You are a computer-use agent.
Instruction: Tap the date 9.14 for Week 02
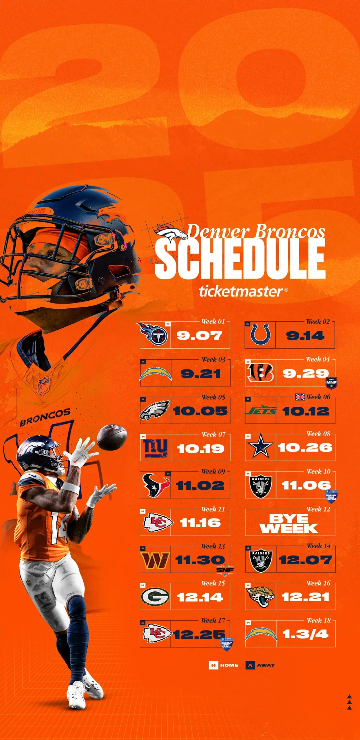[x=305, y=336]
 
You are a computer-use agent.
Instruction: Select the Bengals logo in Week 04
[x=261, y=373]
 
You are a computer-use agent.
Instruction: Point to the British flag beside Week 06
[x=300, y=397]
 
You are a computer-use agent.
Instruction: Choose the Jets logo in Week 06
[x=261, y=410]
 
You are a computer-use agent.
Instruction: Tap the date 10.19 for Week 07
[x=201, y=449]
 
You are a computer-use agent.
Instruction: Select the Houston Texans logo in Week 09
[x=156, y=485]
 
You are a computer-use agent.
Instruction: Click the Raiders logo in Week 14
[x=261, y=560]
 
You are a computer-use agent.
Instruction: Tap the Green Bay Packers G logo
[x=155, y=597]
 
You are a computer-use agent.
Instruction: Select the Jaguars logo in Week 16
[x=260, y=597]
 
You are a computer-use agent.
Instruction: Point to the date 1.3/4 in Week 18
[x=305, y=634]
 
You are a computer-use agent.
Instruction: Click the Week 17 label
[x=213, y=621]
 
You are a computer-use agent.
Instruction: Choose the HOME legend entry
[x=223, y=665]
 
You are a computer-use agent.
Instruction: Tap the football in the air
[x=112, y=437]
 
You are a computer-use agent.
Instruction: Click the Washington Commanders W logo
[x=155, y=560]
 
